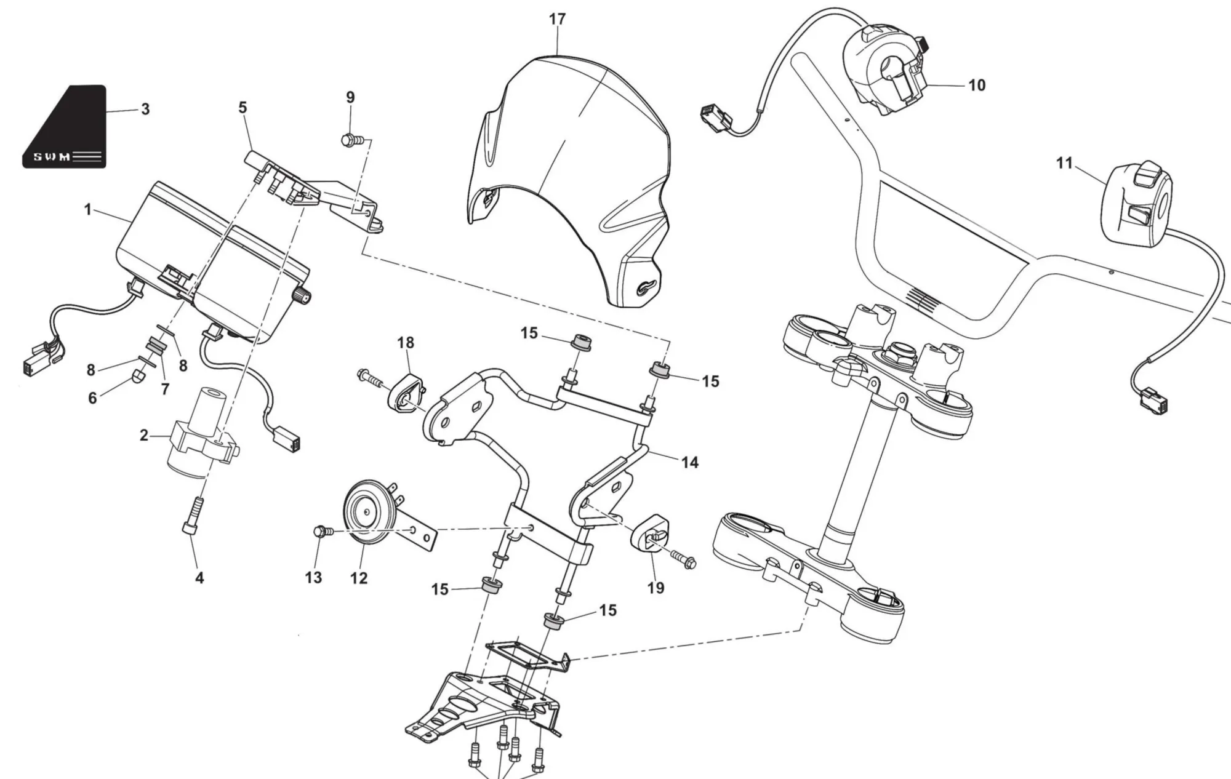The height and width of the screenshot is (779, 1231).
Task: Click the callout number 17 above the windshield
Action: pyautogui.click(x=557, y=19)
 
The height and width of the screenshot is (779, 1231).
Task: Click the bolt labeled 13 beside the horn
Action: pyautogui.click(x=321, y=530)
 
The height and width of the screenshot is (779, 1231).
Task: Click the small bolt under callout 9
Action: pyautogui.click(x=350, y=140)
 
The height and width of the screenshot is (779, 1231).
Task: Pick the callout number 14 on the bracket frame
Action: pyautogui.click(x=690, y=462)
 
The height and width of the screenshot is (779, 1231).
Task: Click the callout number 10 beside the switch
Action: pyautogui.click(x=977, y=85)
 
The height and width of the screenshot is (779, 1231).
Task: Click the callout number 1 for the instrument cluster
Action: pyautogui.click(x=88, y=210)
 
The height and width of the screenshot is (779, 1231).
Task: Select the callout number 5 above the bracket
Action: pyautogui.click(x=243, y=108)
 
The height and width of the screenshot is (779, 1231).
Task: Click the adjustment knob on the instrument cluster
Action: pyautogui.click(x=303, y=296)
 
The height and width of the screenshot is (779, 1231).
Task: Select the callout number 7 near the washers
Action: pyautogui.click(x=165, y=389)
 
